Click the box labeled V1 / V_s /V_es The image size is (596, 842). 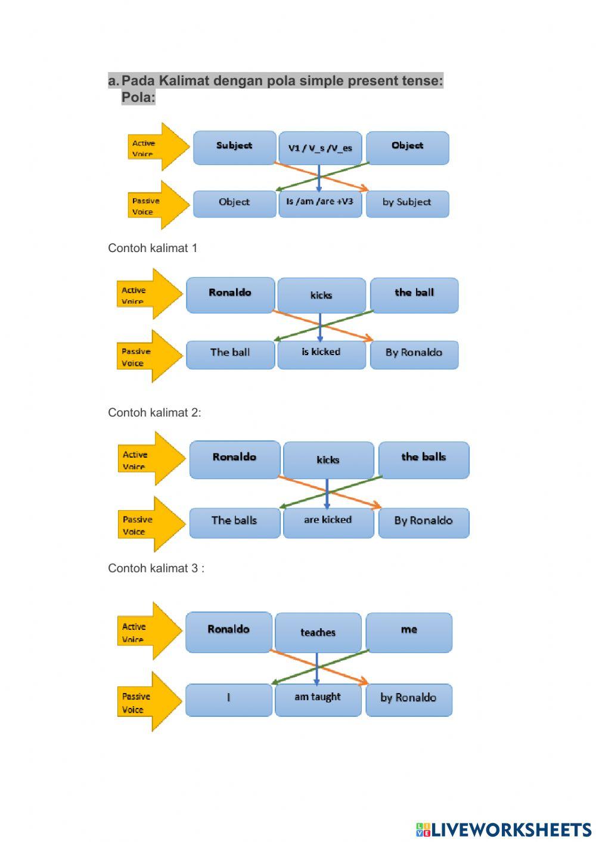320,148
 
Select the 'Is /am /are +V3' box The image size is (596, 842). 320,203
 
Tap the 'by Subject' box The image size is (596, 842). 407,203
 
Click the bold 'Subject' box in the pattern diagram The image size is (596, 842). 234,147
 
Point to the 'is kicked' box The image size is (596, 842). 321,353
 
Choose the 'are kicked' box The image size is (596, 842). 328,521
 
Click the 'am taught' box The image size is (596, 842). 318,698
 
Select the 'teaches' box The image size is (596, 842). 318,632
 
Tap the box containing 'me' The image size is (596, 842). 409,631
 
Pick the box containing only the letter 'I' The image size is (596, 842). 229,698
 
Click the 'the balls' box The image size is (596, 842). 424,459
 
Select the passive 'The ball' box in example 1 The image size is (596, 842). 230,353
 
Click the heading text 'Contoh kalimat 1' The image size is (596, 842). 153,248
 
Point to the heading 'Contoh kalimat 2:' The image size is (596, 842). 154,412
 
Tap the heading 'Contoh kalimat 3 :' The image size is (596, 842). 156,568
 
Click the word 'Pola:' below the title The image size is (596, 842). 138,97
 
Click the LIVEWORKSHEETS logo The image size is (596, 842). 504,829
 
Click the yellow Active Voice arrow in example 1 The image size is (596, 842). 148,294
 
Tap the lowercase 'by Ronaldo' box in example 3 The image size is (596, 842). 409,698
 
